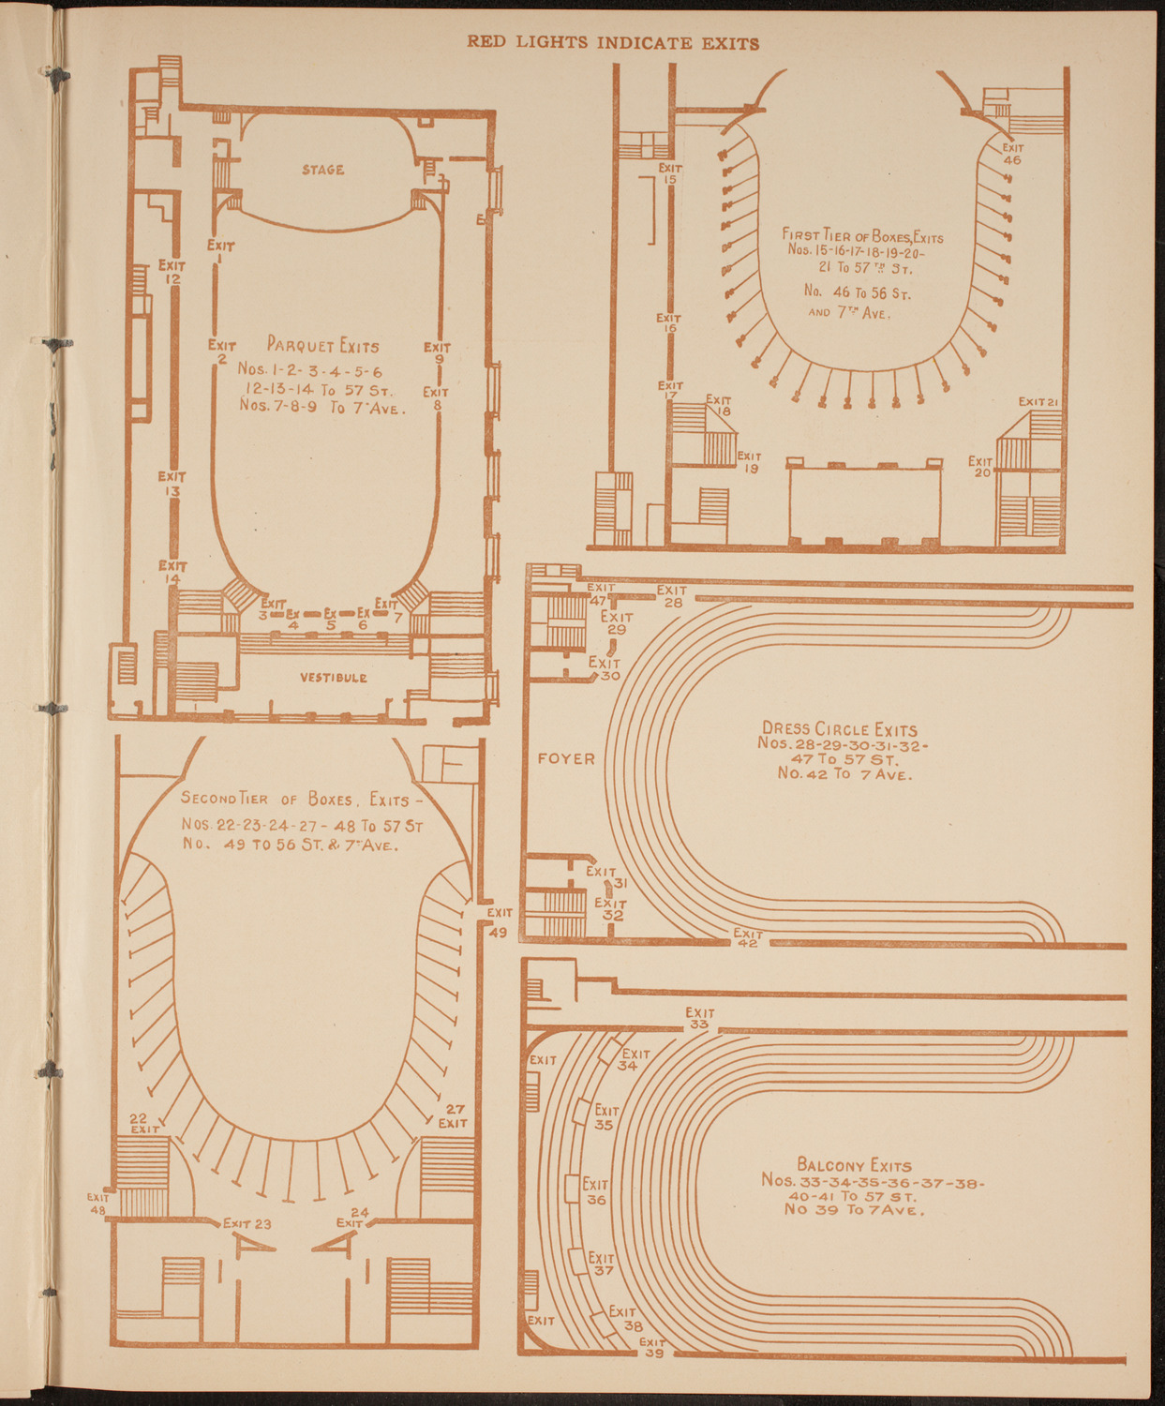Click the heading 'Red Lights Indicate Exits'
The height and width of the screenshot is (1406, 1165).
(x=613, y=43)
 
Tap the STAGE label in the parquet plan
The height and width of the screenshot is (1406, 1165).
(x=322, y=170)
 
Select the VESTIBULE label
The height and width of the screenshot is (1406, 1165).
(x=334, y=678)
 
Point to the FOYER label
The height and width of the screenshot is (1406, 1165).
(x=566, y=758)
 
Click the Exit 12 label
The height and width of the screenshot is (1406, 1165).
(x=172, y=272)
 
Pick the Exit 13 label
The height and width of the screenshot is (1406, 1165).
(x=172, y=484)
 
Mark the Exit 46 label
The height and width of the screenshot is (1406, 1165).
(x=1012, y=154)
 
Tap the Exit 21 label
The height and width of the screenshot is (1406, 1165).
(x=1039, y=402)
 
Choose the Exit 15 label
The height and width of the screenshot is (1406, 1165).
(x=670, y=173)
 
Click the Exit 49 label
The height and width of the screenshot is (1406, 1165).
(x=499, y=922)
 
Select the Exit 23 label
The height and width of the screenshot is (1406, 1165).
(x=247, y=1223)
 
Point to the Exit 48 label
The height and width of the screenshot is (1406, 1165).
(x=98, y=1204)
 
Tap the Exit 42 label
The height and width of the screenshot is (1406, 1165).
(x=748, y=938)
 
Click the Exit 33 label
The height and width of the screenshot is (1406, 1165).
(x=699, y=1018)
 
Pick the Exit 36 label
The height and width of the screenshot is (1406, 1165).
(x=595, y=1191)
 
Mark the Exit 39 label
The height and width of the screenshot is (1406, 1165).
(x=653, y=1346)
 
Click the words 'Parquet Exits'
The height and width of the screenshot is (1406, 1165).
(x=322, y=345)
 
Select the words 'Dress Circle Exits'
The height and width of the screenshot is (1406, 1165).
(x=840, y=728)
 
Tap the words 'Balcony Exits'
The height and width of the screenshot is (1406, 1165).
(x=853, y=1165)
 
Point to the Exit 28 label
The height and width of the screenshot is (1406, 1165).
(x=672, y=596)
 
